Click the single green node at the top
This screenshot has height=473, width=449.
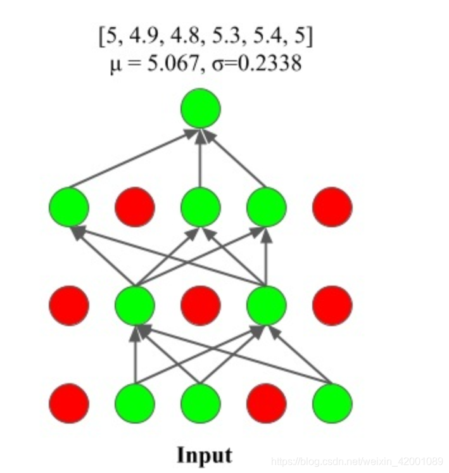pos(200,109)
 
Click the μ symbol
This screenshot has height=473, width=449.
pos(115,65)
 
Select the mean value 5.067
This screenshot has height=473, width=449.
pos(175,64)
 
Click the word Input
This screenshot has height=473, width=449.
pos(204,455)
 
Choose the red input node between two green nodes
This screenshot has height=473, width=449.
pos(266,403)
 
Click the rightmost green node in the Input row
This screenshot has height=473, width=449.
pos(332,403)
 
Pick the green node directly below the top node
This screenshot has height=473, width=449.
pos(200,206)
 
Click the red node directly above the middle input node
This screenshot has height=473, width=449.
pos(200,305)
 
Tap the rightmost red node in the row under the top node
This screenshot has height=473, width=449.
pos(332,206)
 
